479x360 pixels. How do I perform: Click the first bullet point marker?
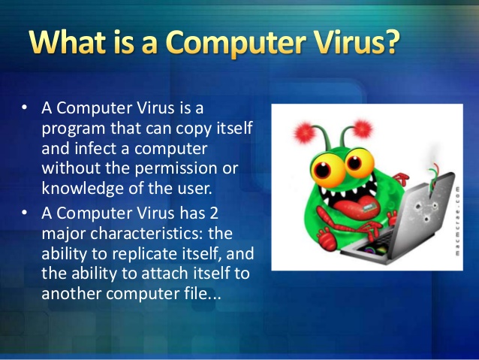tap(25, 110)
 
